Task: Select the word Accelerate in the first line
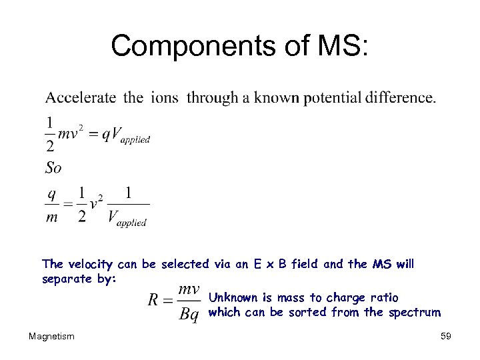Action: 81,98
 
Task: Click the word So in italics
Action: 53,167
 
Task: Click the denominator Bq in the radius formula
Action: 189,315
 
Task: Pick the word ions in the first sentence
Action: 164,98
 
